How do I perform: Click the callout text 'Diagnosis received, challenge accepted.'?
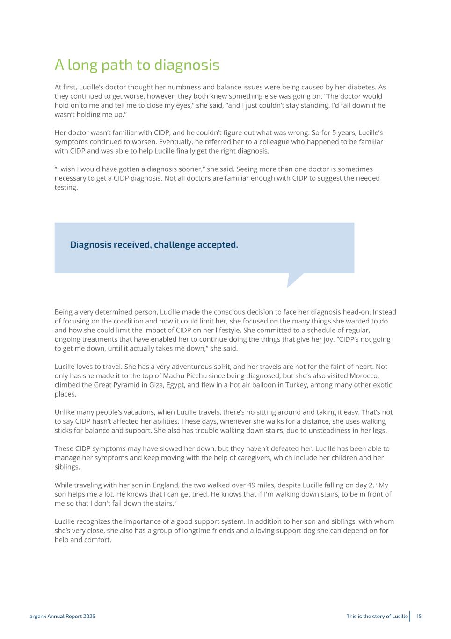pos(154,245)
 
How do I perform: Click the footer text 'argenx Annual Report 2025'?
pos(62,616)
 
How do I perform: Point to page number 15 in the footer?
pos(419,616)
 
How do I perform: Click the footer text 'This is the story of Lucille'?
pos(377,616)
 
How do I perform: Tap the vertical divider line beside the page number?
pos(410,616)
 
